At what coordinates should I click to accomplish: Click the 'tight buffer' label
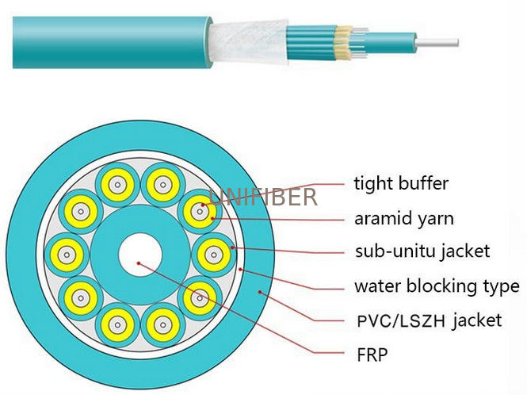coord(401,184)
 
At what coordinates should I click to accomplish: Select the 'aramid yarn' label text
coord(404,219)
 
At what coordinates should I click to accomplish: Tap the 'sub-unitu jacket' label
coord(422,251)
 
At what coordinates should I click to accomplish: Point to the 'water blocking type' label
coord(437,286)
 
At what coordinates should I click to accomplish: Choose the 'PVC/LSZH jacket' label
coord(430,320)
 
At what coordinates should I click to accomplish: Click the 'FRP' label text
coord(372,355)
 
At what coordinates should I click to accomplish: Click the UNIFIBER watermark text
coord(263,197)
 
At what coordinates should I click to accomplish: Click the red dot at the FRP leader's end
coord(139,263)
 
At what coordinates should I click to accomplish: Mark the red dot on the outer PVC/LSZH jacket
coord(260,292)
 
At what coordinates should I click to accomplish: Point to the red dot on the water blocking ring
coord(240,269)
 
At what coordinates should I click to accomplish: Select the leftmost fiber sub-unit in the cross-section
coord(67,255)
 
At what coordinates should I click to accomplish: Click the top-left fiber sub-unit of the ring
coord(81,212)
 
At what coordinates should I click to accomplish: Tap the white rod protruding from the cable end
coord(437,43)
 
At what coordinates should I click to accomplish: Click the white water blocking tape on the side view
coord(248,42)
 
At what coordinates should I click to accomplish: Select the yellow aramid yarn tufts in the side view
coord(342,42)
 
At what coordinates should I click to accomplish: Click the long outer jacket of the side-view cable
coord(112,42)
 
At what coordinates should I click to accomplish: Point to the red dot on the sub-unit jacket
coord(232,247)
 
